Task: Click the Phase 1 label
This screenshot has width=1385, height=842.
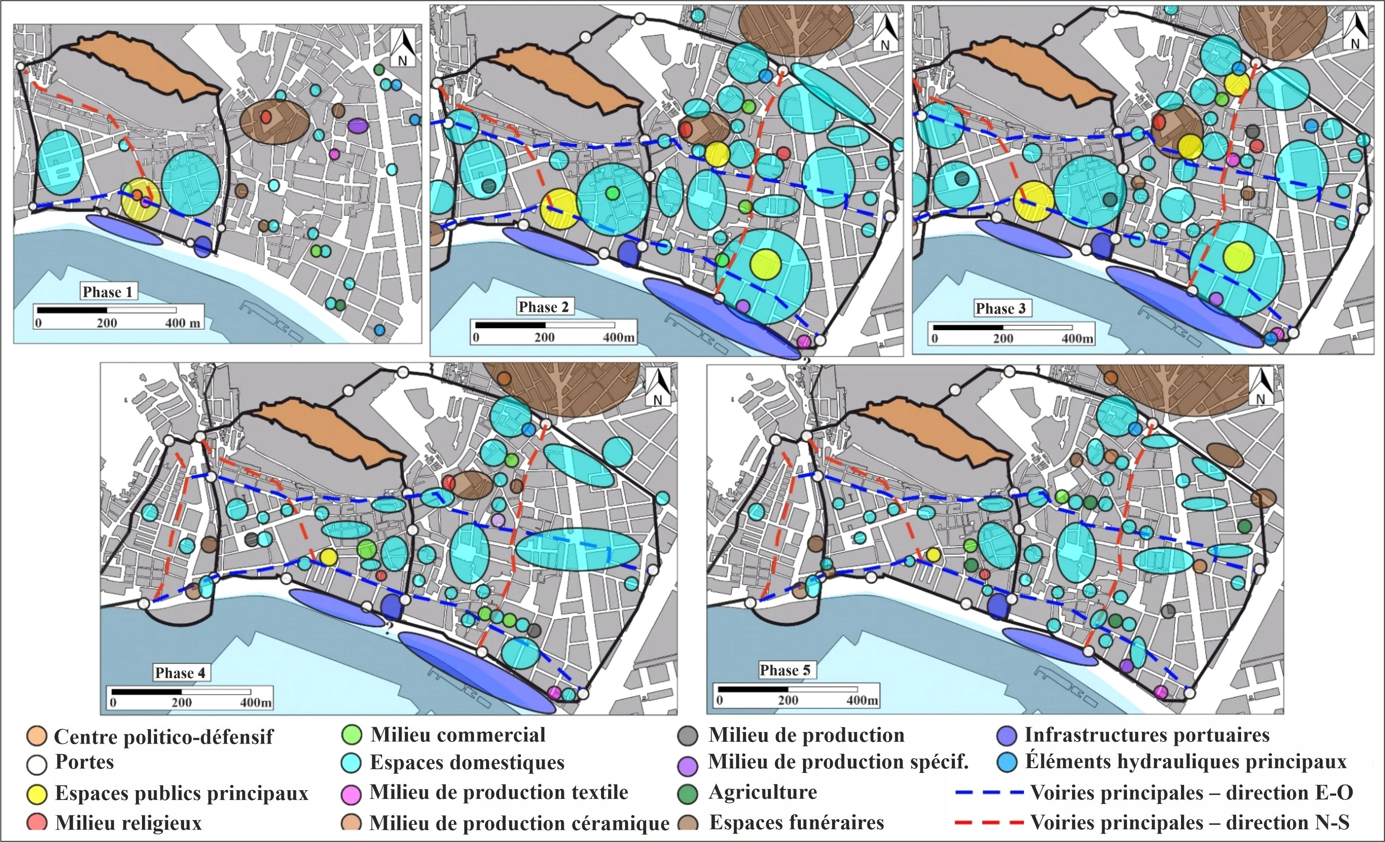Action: [x=107, y=292]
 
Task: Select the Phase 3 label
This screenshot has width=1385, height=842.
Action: [x=1000, y=308]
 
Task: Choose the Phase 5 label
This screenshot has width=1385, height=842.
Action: [x=785, y=670]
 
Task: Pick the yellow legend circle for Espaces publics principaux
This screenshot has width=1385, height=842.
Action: [x=36, y=794]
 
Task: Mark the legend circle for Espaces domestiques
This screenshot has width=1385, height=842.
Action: [x=351, y=763]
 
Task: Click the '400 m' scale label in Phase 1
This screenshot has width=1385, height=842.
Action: [x=183, y=323]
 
